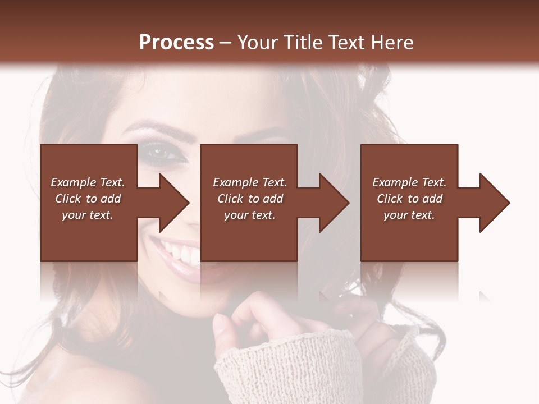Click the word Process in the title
pyautogui.click(x=176, y=42)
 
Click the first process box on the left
pyautogui.click(x=89, y=236)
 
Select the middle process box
pyautogui.click(x=249, y=236)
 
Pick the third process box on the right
pyautogui.click(x=409, y=236)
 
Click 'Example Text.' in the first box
pyautogui.click(x=88, y=182)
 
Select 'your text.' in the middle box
pyautogui.click(x=249, y=215)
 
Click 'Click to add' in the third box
pyautogui.click(x=410, y=199)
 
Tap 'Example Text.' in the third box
pyautogui.click(x=409, y=182)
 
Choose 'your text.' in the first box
pyautogui.click(x=88, y=215)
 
